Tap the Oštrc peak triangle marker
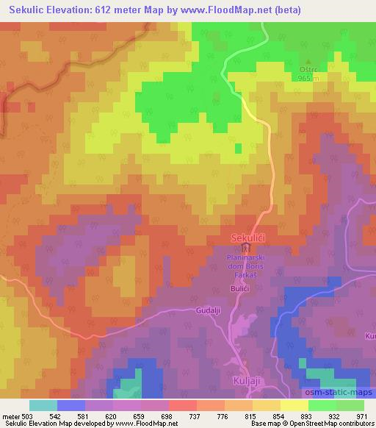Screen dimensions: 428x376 (307, 62)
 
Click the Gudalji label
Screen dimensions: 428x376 (209, 311)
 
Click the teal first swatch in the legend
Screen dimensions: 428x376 (43, 405)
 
